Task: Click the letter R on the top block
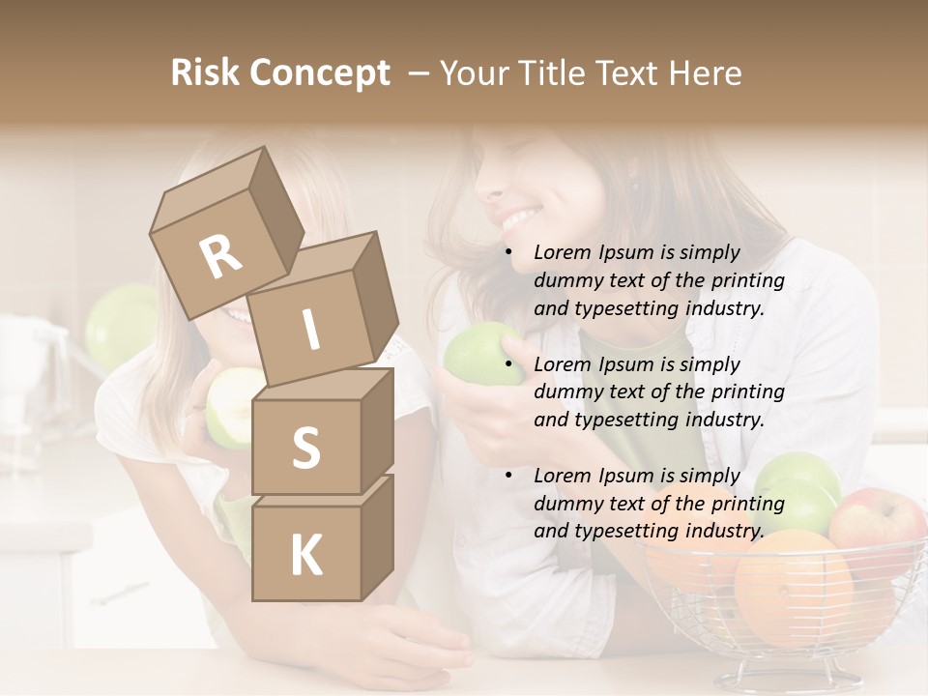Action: pos(220,257)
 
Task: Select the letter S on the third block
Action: pos(305,448)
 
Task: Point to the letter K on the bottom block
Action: pos(305,556)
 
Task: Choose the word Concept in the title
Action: pos(318,74)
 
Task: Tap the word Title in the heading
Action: pos(554,73)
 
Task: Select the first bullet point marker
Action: pos(508,253)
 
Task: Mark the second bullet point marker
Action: pos(508,364)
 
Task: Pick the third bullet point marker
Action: pos(508,476)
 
